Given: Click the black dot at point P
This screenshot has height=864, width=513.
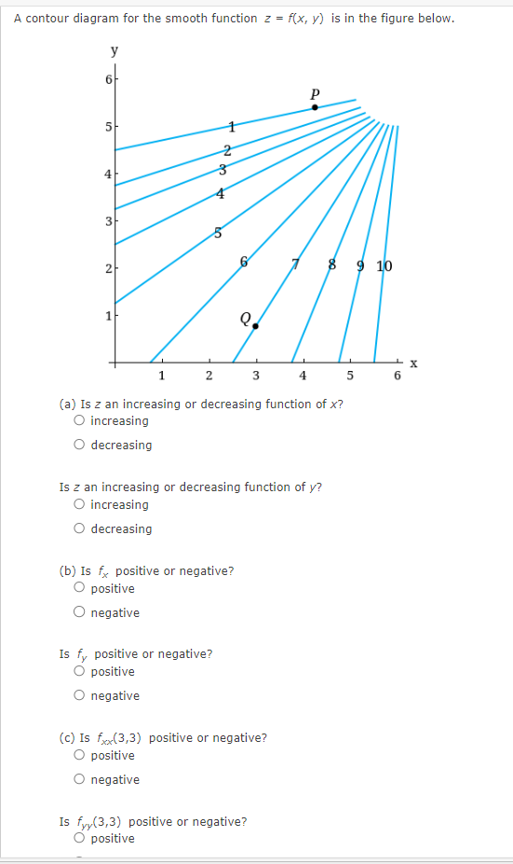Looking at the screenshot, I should [315, 107].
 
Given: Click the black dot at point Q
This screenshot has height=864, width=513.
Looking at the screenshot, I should [255, 326].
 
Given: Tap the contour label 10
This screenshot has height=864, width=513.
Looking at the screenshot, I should [385, 267].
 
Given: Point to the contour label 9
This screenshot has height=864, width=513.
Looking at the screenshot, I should [361, 267].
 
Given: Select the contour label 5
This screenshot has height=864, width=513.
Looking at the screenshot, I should [218, 233].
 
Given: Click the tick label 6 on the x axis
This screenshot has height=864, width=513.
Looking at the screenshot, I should [398, 377].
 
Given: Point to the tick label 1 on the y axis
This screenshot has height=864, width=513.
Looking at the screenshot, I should [107, 316].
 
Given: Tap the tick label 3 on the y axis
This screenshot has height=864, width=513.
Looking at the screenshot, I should [107, 221].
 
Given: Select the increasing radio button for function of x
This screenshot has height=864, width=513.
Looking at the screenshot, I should [81, 421].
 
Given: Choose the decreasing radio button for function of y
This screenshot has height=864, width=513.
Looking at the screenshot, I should [81, 529].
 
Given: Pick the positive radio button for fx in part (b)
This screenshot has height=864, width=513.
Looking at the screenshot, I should [81, 589].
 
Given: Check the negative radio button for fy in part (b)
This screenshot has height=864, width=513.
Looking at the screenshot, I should [81, 696].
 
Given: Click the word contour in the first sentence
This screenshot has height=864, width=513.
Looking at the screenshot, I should [50, 18].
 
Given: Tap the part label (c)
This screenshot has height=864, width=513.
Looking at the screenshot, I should [68, 738].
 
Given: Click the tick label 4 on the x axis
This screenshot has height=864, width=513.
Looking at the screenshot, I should [303, 377].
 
